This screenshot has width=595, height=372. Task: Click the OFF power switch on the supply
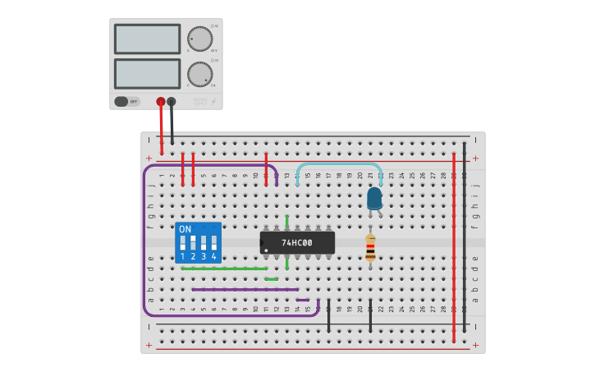126,102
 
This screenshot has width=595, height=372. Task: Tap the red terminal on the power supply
161,102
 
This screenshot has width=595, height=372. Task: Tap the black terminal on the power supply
171,102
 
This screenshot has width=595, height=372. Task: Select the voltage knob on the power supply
199,39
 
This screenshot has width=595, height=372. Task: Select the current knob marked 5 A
199,74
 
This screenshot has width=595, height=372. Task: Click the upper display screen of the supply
147,39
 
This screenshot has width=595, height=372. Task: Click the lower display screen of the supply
147,73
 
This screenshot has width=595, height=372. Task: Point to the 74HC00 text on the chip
297,243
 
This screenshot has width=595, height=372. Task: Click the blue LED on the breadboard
374,198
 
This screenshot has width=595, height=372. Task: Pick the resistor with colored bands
370,247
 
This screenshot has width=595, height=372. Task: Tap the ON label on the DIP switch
185,229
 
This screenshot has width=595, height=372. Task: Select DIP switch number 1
183,244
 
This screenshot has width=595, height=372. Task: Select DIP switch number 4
213,244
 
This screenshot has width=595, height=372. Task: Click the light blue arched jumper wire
338,165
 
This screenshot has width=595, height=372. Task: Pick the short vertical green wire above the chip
286,221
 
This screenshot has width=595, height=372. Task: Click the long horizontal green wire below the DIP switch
224,269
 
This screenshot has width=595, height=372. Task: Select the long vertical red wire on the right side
454,246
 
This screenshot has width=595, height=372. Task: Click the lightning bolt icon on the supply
213,102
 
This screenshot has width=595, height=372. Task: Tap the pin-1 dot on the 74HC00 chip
266,250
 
